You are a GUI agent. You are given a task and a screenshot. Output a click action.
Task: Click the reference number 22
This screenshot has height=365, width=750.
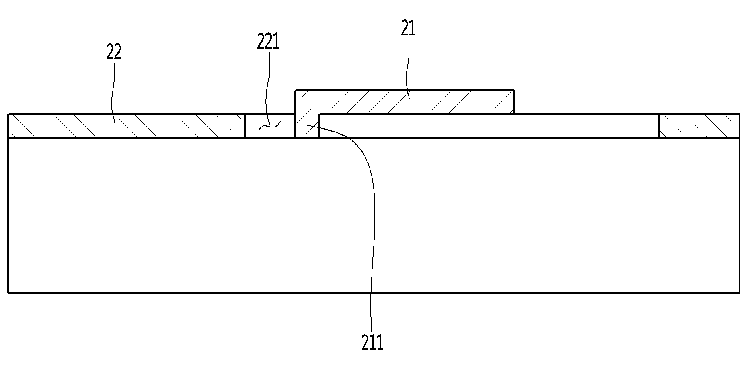(114, 52)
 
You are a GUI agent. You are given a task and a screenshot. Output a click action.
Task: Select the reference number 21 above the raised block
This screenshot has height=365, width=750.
(409, 28)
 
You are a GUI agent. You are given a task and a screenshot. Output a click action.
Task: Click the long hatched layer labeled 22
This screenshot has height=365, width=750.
(126, 126)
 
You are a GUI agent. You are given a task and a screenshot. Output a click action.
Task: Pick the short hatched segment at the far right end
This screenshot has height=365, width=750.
(699, 126)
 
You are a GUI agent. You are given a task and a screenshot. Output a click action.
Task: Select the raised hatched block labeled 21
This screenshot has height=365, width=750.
(404, 102)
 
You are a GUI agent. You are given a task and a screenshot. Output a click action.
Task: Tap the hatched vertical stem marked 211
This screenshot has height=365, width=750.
(307, 126)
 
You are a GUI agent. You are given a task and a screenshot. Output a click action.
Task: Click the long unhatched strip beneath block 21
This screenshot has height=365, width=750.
(489, 126)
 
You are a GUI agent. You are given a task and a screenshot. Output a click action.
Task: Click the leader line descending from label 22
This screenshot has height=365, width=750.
(114, 92)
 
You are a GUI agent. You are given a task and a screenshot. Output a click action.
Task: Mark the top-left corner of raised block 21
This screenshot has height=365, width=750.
(295, 90)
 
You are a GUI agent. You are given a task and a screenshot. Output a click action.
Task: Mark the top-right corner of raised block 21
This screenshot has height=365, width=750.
(514, 90)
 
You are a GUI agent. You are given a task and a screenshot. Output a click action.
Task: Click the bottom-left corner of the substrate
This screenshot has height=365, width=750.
(9, 292)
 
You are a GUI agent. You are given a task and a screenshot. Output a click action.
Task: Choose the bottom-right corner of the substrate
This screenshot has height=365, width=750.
(739, 292)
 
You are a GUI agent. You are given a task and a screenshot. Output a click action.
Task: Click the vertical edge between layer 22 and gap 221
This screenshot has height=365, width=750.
(245, 126)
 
